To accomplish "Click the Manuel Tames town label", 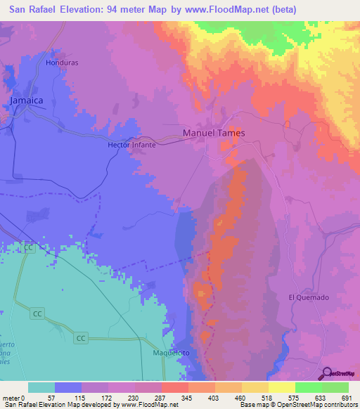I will click(x=214, y=132).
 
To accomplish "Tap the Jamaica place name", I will click(x=27, y=101).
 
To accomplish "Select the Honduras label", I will click(x=60, y=63).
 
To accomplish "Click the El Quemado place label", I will click(x=308, y=297).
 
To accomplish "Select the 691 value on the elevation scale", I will click(x=347, y=398).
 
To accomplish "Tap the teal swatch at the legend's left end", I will click(x=41, y=387).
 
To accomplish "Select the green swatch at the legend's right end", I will click(x=335, y=387).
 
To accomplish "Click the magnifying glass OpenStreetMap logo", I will click(x=325, y=373).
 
